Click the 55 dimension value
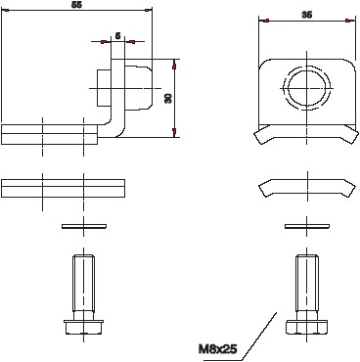tap(77, 5)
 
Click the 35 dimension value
tap(306, 15)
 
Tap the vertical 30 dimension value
tap(168, 98)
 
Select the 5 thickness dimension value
tap(117, 35)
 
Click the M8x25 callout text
tap(218, 349)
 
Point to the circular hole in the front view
tap(307, 88)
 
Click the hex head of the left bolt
tap(84, 327)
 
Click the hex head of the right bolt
tap(306, 327)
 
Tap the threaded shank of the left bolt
tap(84, 283)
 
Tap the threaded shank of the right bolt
tap(306, 283)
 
